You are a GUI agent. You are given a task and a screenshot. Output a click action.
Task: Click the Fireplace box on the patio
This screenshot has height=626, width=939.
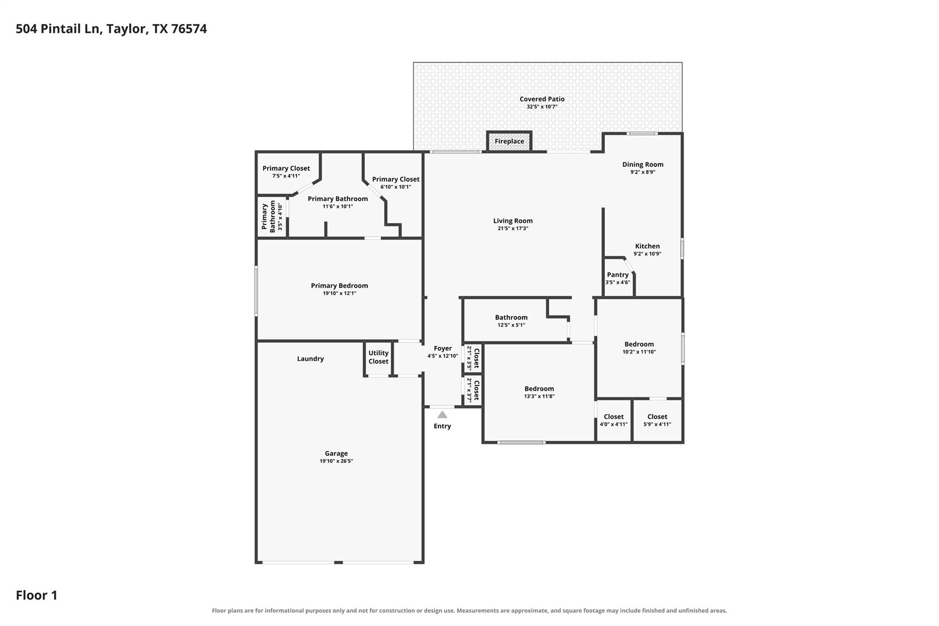[509, 141]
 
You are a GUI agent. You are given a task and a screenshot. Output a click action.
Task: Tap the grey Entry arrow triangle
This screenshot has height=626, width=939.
[442, 415]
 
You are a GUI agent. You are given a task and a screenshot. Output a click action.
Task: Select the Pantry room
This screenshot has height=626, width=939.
[618, 277]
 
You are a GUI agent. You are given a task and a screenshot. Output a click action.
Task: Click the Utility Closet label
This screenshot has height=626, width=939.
[378, 357]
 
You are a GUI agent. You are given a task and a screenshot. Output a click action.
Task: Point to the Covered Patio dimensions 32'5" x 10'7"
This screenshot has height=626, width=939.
[542, 107]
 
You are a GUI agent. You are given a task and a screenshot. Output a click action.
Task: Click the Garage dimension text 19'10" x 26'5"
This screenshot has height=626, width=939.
[336, 461]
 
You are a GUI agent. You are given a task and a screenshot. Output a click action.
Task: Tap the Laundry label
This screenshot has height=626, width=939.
[310, 359]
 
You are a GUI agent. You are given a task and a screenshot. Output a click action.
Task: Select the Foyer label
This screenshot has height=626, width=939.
[442, 349]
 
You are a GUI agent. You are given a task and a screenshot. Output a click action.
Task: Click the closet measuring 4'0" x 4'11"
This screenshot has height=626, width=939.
[613, 421]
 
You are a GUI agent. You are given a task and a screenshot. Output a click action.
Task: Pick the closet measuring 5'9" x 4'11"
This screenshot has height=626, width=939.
[657, 421]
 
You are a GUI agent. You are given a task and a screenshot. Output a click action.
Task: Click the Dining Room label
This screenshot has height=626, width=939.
[642, 165]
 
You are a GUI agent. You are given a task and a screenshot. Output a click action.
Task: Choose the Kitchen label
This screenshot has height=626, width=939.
[647, 246]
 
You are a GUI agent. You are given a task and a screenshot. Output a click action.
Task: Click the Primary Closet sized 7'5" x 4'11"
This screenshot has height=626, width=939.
[287, 172]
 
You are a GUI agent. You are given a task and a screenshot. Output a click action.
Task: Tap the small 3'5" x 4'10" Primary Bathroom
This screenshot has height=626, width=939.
[271, 216]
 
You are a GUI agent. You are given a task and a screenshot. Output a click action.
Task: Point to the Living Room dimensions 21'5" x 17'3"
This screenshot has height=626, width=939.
[513, 228]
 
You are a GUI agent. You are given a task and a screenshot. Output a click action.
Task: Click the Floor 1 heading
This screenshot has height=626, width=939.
[37, 595]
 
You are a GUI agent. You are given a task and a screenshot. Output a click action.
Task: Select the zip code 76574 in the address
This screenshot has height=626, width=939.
[189, 29]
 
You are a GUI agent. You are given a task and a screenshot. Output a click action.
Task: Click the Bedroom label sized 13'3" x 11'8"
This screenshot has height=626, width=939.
[539, 389]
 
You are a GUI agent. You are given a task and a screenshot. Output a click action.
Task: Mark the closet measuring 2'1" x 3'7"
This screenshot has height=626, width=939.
[472, 391]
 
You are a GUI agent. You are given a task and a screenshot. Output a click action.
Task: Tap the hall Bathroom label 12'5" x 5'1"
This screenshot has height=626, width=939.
[511, 317]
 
